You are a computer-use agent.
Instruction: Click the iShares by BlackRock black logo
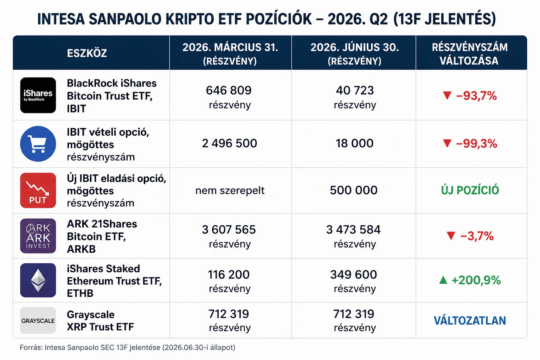[x=38, y=95]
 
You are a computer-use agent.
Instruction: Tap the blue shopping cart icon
[x=38, y=144]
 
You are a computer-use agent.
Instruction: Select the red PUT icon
[x=38, y=190]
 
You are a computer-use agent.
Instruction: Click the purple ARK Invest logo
[x=38, y=236]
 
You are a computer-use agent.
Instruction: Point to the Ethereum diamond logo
[x=38, y=280]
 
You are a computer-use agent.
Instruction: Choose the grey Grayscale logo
[x=38, y=321]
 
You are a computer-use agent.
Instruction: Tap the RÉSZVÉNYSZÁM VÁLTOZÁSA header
[x=470, y=54]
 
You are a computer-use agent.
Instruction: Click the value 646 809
[x=229, y=90]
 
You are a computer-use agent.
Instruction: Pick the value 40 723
[x=355, y=90]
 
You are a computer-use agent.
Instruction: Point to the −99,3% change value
[x=476, y=144]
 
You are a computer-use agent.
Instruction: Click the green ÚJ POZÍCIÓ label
[x=470, y=190]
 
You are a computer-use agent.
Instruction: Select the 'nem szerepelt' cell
[x=230, y=191]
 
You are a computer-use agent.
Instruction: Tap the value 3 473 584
[x=353, y=230]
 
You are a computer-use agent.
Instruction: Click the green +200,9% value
[x=476, y=280]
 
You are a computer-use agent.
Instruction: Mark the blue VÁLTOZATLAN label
[x=470, y=321]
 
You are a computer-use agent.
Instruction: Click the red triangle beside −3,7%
[x=451, y=236]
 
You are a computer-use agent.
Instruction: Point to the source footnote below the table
[x=128, y=347]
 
